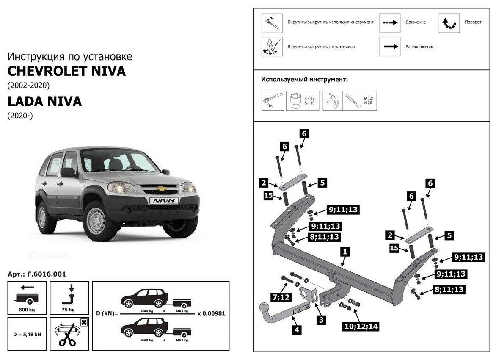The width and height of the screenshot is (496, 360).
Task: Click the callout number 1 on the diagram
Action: coord(345,252)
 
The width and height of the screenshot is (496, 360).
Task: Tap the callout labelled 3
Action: coord(322,320)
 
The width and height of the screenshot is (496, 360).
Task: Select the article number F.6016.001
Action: coord(37,274)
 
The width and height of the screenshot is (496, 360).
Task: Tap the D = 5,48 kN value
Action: coord(27,334)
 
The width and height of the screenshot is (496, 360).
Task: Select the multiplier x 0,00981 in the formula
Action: coord(211,314)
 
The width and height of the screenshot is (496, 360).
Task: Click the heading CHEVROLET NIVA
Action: coord(66,71)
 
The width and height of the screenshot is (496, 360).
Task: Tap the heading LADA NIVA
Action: coord(44,102)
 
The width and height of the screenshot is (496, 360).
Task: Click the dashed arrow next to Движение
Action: coord(389,22)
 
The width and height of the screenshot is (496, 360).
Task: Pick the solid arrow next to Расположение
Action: coord(389,47)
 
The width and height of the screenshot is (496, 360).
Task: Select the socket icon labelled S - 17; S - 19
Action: coord(296,100)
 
